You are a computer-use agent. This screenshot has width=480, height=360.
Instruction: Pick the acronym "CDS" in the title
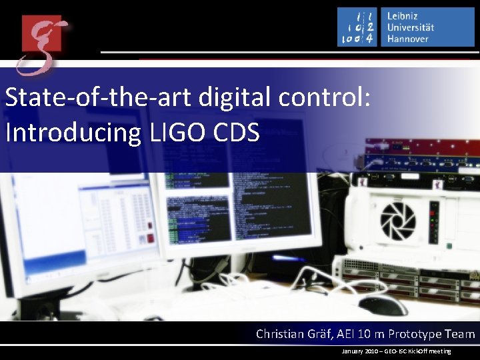point(236,133)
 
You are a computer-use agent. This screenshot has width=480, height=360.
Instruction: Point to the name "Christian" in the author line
point(282,334)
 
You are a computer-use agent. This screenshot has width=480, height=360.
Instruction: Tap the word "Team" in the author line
point(459,334)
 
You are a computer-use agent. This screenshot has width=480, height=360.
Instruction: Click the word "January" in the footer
point(351,351)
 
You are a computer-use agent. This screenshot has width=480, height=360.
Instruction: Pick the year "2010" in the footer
point(373,351)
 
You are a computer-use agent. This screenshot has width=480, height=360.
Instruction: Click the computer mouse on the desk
point(383,305)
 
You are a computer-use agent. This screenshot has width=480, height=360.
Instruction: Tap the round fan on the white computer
point(397,221)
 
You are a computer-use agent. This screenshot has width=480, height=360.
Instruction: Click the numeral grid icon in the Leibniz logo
point(357,27)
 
